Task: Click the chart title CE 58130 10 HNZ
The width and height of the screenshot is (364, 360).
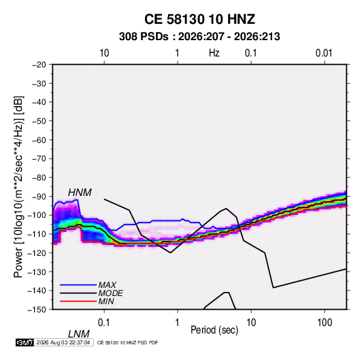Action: point(199,19)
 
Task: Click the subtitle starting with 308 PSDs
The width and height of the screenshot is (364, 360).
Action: point(199,37)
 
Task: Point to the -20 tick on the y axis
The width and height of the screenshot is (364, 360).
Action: point(39,65)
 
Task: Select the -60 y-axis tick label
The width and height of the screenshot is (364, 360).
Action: point(39,140)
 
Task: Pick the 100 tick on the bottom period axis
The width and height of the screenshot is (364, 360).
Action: point(325,323)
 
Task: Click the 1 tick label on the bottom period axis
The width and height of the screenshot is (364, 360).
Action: point(178,323)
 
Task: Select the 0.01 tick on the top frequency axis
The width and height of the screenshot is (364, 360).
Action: point(324,53)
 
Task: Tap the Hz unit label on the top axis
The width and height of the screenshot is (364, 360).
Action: point(214,53)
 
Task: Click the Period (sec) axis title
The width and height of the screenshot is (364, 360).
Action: point(214,330)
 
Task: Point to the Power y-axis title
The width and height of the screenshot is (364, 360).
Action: point(18,187)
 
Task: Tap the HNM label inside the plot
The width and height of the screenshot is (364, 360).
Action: point(80,193)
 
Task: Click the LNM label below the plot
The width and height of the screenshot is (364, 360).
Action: point(78,334)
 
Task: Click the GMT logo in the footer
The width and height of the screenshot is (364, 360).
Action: point(25,342)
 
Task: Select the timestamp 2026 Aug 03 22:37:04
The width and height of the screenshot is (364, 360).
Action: point(63,342)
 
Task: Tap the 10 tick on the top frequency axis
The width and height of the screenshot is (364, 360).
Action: point(104,53)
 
